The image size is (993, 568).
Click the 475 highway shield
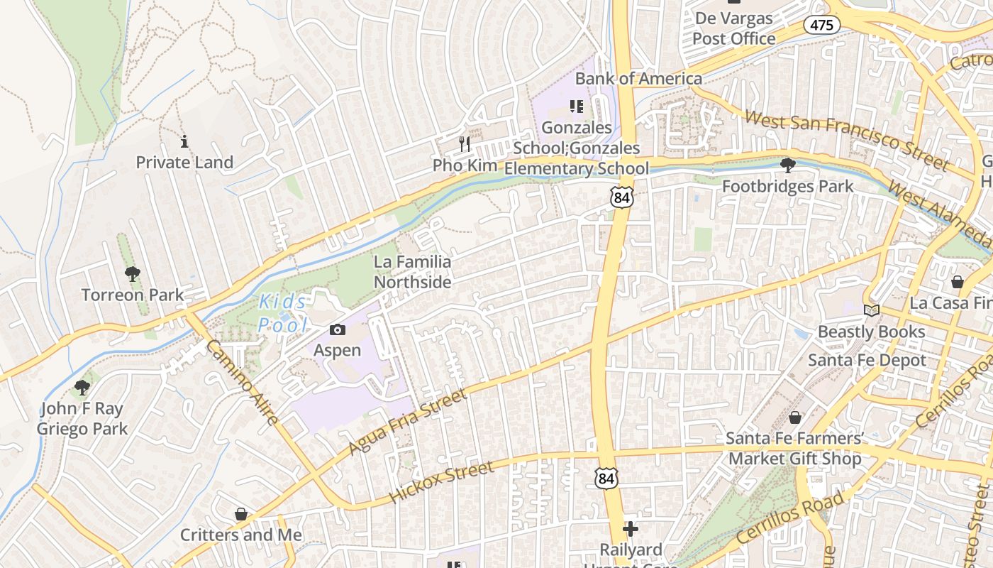[822, 25]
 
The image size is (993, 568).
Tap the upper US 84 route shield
[621, 197]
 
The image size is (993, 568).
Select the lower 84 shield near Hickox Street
[606, 479]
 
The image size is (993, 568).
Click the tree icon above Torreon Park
[132, 274]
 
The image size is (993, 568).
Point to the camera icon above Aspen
[338, 329]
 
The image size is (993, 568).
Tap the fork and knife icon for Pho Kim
[465, 144]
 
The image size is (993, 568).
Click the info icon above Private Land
[184, 141]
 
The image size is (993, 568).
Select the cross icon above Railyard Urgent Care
[630, 529]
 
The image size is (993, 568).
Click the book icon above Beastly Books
[871, 311]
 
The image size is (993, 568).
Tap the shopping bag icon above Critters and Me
[241, 514]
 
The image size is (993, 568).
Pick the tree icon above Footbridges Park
[787, 165]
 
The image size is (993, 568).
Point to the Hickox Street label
[441, 483]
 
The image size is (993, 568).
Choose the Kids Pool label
[283, 313]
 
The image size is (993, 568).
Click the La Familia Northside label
[412, 272]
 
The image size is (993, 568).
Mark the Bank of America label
[638, 78]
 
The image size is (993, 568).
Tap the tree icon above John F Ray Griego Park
[82, 388]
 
